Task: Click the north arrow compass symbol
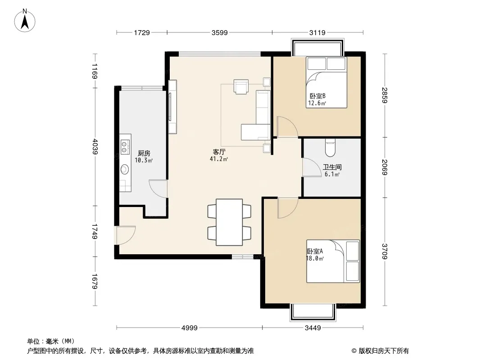pos(25,21)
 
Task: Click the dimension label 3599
pos(219,32)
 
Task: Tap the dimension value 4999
pos(190,328)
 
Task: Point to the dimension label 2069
pos(385,167)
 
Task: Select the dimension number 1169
pos(95,71)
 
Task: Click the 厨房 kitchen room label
pos(144,153)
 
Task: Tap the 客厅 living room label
pos(219,152)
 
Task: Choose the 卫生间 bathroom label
pos(332,167)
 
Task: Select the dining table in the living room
pos(229,222)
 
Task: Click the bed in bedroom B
pos(326,82)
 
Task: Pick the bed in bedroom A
pos(333,261)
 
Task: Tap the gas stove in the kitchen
pos(125,147)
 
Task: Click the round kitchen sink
pos(125,169)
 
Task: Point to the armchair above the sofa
pos(241,86)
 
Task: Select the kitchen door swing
pos(158,189)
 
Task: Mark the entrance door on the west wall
pos(125,235)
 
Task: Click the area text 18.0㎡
pos(315,258)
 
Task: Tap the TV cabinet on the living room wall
pos(172,107)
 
